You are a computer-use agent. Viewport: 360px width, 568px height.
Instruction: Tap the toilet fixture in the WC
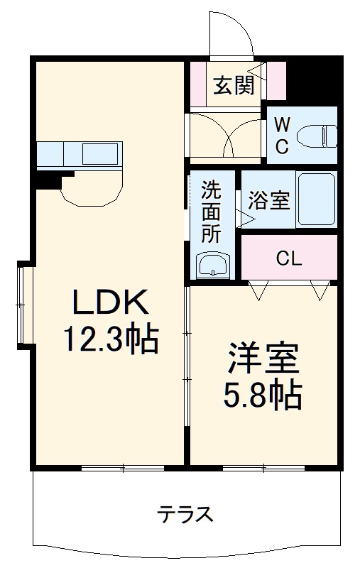[x=317, y=135]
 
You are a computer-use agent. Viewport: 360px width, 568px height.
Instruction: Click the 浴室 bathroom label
[x=268, y=201]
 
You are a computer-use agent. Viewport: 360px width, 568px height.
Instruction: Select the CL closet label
[x=289, y=258]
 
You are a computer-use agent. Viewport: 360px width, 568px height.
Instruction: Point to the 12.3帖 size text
[x=111, y=341]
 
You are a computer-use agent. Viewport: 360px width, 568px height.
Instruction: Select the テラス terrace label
[x=185, y=513]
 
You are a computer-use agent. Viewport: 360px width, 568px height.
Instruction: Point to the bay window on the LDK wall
[x=25, y=305]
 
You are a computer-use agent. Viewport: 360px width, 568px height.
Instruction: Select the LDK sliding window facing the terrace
[x=122, y=467]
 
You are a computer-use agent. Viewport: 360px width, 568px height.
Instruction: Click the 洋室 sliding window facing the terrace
[x=263, y=467]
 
